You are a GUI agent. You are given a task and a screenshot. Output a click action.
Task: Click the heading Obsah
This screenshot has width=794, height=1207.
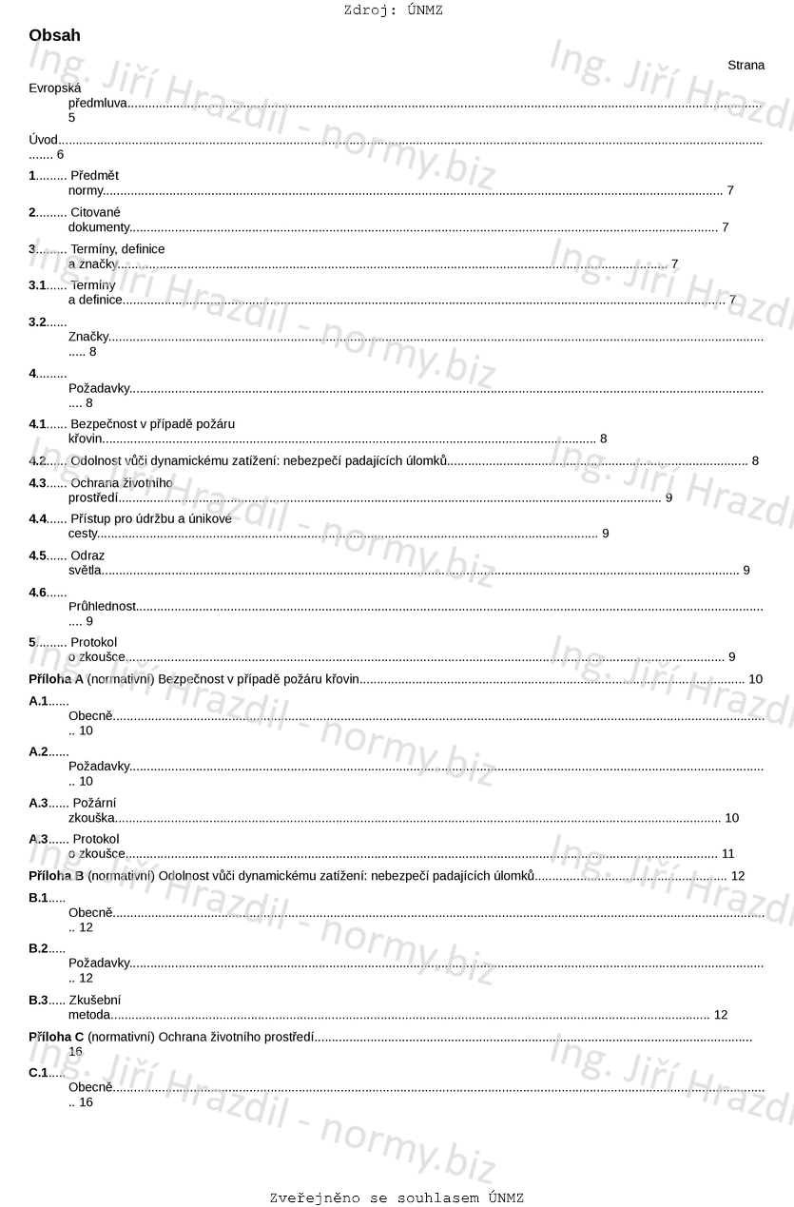click(x=54, y=35)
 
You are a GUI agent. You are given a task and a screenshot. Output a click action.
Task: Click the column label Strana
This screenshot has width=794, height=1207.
click(x=746, y=65)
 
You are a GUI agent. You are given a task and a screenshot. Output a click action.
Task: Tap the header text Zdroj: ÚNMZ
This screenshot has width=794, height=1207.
click(x=393, y=10)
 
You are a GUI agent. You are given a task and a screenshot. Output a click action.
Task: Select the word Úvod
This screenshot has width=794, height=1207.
click(x=43, y=140)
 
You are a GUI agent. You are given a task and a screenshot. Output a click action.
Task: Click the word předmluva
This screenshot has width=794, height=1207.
click(x=97, y=103)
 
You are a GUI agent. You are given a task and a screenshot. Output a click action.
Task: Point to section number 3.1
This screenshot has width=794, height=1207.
click(x=37, y=284)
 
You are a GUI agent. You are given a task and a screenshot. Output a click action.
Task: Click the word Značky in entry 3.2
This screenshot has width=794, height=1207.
click(x=88, y=337)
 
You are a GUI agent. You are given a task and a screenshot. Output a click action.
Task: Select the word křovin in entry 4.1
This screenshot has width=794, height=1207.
click(x=85, y=438)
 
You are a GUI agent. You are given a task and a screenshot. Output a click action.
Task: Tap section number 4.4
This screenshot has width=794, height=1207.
click(x=37, y=518)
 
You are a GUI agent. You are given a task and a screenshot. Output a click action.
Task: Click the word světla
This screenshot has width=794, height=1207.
click(x=85, y=570)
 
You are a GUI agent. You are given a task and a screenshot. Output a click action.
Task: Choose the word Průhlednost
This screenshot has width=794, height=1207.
click(x=102, y=606)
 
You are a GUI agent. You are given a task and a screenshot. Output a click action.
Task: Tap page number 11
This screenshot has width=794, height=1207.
click(x=727, y=853)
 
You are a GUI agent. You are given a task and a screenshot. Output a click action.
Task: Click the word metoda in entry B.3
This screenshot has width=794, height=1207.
click(x=89, y=1015)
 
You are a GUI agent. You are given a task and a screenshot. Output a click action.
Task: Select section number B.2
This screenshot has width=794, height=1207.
click(x=38, y=948)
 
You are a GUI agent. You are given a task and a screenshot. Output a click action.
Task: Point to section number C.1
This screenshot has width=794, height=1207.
click(x=38, y=1072)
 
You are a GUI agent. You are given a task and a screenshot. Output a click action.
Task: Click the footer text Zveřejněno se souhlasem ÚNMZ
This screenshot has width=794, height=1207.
click(x=397, y=1197)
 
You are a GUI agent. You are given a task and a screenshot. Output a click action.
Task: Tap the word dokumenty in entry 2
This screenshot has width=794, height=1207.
click(x=99, y=227)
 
